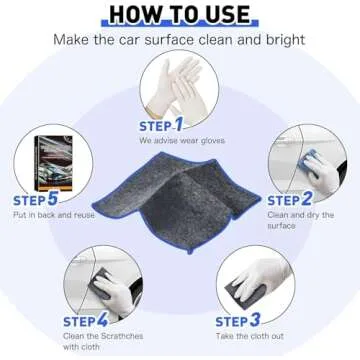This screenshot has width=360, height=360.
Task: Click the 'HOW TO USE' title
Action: [180, 13]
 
